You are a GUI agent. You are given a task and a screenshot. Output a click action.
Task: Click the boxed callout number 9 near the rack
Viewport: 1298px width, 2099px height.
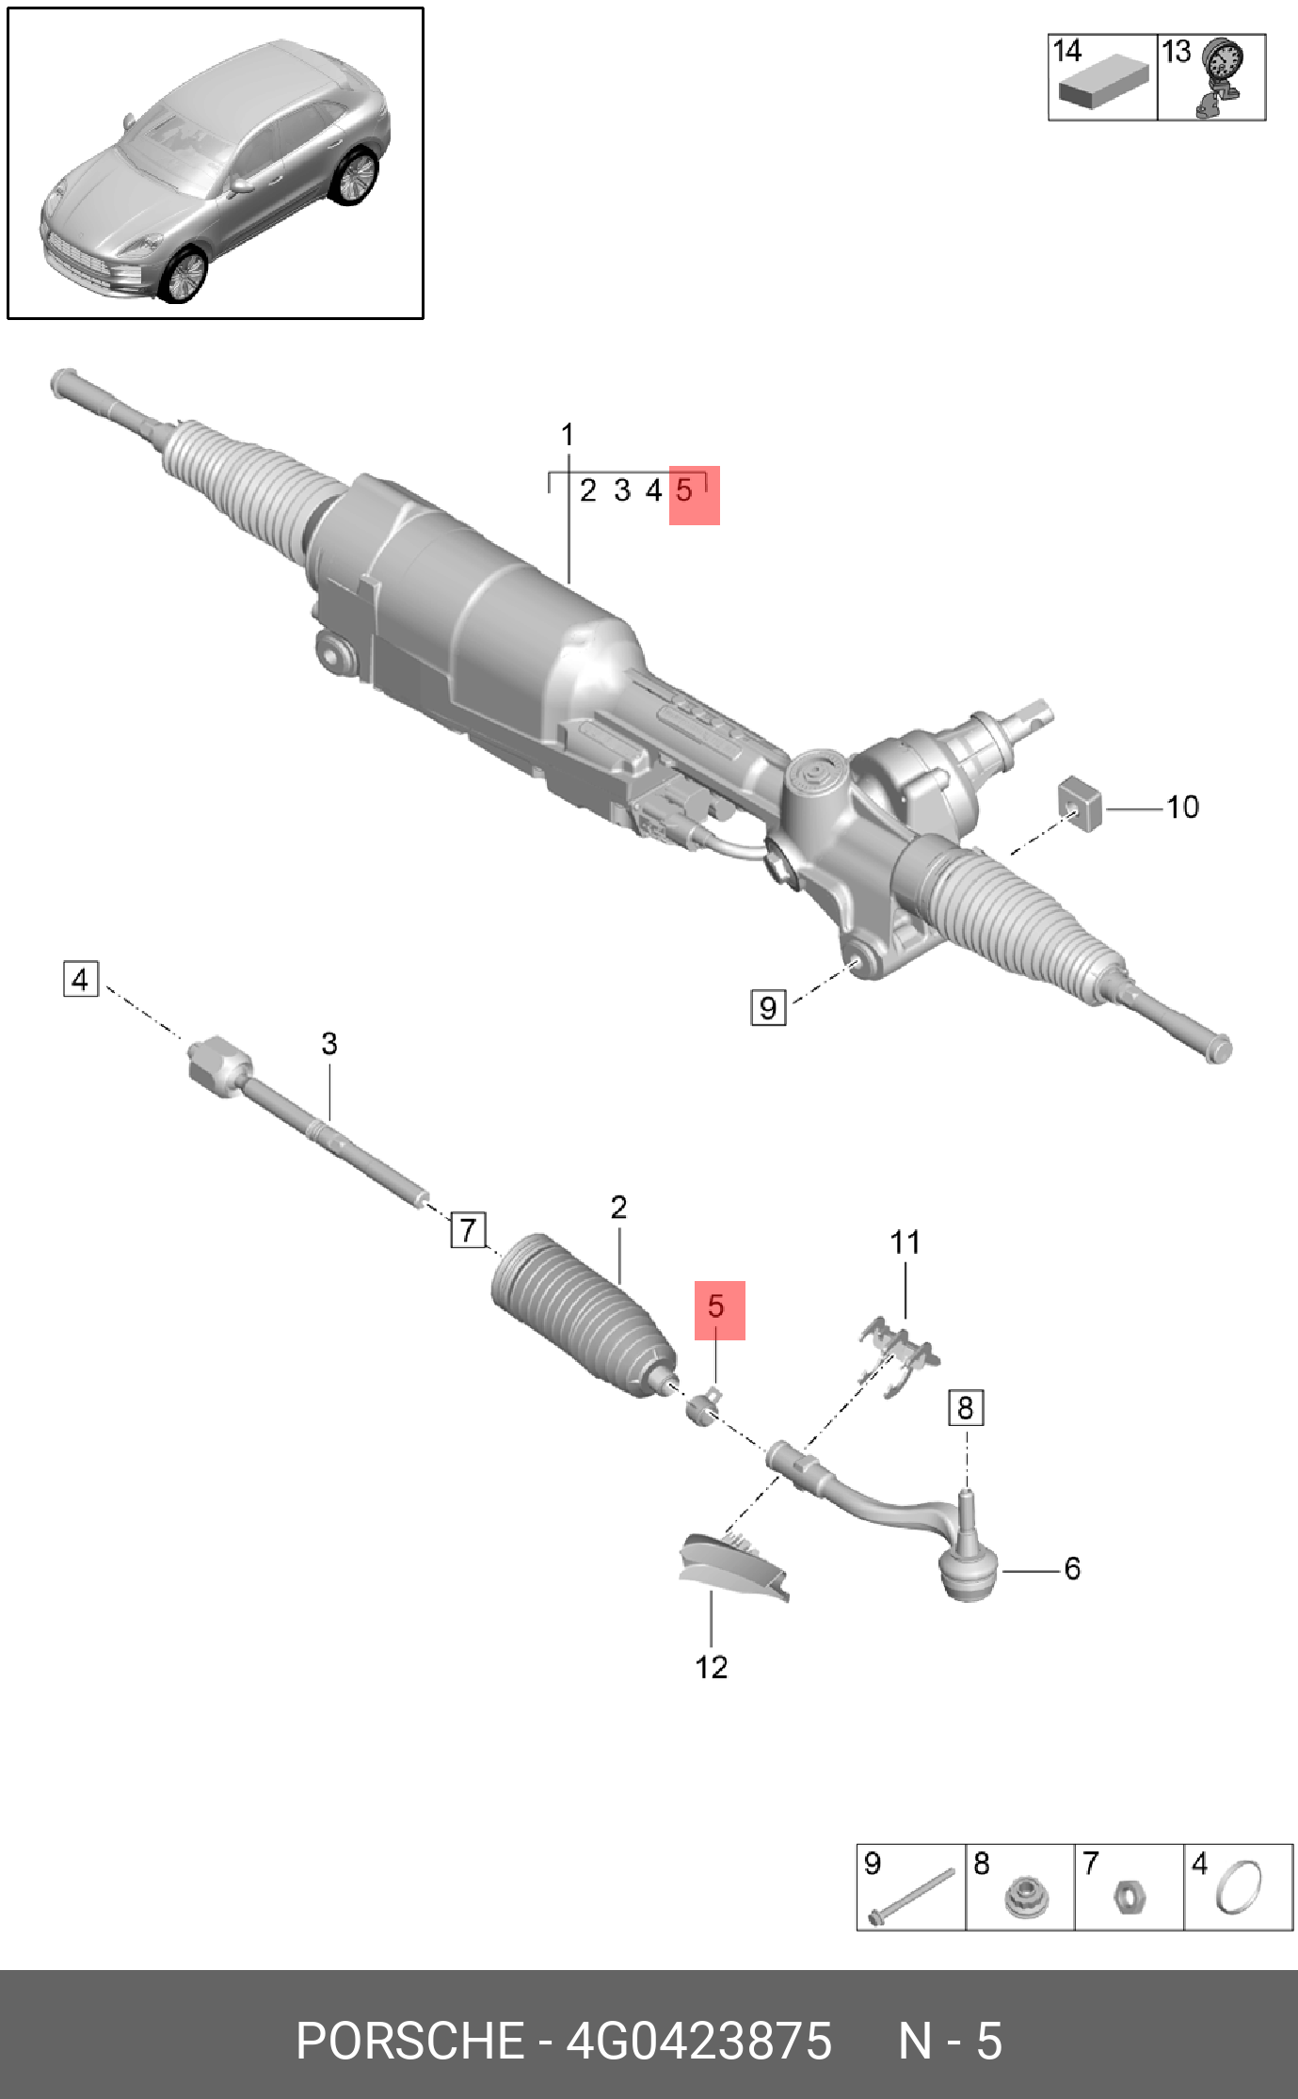pos(768,1007)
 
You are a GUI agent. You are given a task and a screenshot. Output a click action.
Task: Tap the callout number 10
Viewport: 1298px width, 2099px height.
pos(1182,807)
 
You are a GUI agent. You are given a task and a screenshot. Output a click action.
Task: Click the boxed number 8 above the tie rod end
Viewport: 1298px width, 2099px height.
pos(965,1408)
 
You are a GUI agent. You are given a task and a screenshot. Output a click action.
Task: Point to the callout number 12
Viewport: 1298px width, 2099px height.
pos(712,1667)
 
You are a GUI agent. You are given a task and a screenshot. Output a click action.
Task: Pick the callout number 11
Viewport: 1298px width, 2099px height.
pos(905,1242)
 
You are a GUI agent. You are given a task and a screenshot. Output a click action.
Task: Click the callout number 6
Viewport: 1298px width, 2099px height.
pos(1072,1568)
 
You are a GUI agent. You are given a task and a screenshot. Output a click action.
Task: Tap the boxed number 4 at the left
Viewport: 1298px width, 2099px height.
pos(80,980)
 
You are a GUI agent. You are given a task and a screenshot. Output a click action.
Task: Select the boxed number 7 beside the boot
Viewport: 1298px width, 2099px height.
pos(468,1229)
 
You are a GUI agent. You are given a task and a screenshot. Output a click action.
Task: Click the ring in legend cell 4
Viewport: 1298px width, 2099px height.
pos(1239,1888)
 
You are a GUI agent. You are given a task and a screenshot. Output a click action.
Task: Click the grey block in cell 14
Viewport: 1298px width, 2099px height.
pos(1102,86)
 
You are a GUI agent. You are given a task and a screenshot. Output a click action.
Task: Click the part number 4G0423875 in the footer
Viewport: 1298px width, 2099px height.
pos(698,2041)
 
